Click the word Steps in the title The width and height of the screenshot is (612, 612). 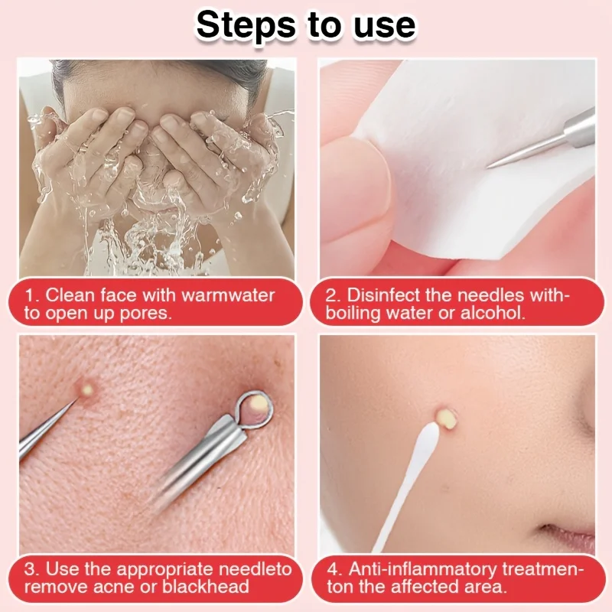[246, 25]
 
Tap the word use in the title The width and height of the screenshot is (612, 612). [382, 25]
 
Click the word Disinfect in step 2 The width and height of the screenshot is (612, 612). [386, 295]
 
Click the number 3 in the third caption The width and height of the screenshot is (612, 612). [29, 569]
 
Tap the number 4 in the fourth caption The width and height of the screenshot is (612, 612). [333, 569]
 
